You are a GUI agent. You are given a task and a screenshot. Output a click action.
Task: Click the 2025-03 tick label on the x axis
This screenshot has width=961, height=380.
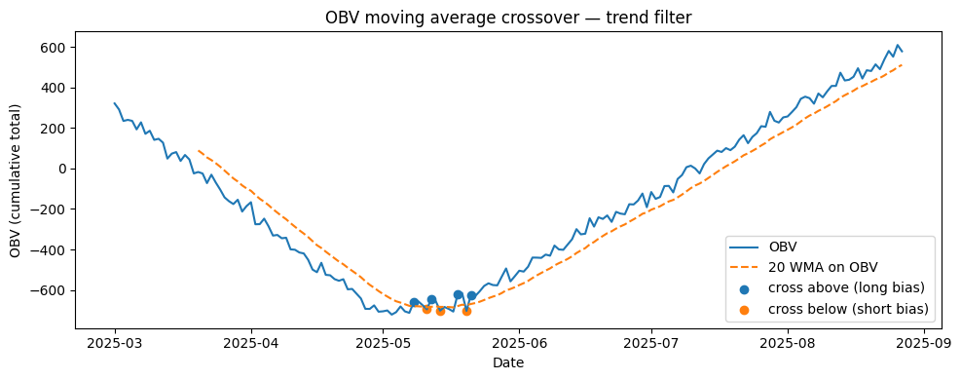[115, 344]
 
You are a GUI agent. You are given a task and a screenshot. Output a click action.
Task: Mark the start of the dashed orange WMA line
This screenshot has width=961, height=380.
[198, 150]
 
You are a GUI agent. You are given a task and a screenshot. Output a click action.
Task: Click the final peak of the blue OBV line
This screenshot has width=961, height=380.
[896, 45]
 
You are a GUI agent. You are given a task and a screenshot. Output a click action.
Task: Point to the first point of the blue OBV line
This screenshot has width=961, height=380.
[115, 103]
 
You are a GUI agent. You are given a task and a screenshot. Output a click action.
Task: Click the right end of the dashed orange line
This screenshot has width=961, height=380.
[903, 65]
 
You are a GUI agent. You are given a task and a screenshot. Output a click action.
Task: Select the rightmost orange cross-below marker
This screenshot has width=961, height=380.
[466, 311]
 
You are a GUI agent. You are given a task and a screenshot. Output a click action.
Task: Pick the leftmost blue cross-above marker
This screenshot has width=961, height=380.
[414, 303]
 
